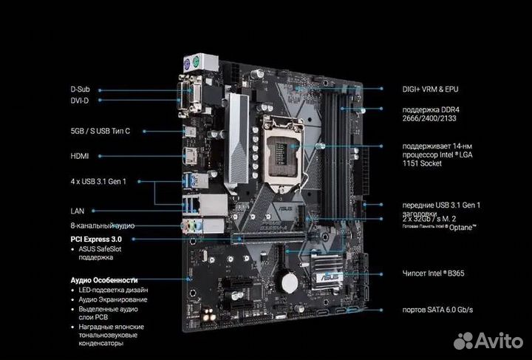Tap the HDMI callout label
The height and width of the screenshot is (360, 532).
[81, 156]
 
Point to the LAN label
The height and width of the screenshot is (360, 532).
[78, 211]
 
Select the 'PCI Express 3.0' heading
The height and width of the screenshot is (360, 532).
[96, 240]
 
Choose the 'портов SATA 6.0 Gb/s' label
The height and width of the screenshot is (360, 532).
[443, 308]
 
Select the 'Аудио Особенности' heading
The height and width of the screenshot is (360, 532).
[104, 280]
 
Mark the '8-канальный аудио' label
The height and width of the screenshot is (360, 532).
[101, 225]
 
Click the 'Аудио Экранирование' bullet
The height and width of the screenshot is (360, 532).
[113, 299]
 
